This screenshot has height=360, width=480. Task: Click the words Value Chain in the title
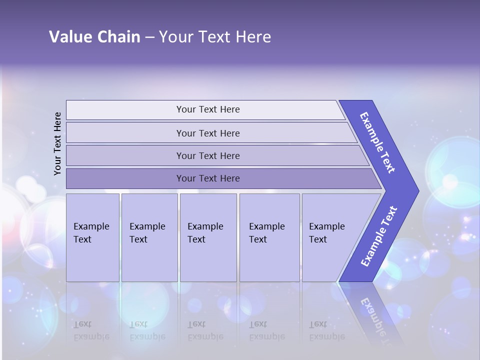coord(94,37)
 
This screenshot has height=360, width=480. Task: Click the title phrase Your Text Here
coord(215,37)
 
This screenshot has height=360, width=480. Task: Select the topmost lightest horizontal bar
coord(125,110)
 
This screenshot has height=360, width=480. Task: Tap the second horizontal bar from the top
coord(125,133)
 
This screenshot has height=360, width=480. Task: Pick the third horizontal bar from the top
coord(125,155)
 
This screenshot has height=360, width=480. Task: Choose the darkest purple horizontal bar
coord(125,178)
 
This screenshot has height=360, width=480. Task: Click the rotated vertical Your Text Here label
coord(57,143)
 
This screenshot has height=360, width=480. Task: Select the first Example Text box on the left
coord(92,237)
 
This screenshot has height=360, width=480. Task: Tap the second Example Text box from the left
coord(149,237)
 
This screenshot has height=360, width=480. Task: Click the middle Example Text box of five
coord(207,237)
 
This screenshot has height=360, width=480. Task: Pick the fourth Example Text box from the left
coord(269,237)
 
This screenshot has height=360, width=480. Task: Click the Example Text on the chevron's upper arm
coord(377,142)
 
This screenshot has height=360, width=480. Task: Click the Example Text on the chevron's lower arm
coord(378,236)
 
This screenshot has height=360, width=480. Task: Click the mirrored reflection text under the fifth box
coord(326,330)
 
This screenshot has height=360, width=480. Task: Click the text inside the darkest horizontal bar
coord(208,178)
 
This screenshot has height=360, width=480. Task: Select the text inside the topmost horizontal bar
coord(208,109)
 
